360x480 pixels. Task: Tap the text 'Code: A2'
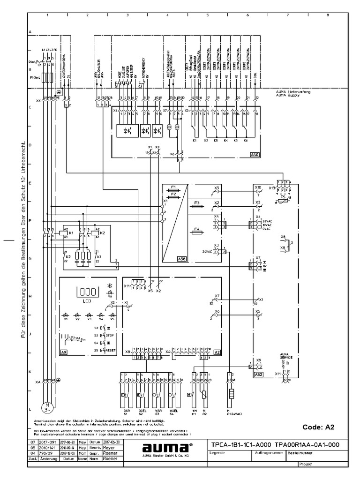pyautogui.click(x=319, y=427)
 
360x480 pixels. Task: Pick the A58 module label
pyautogui.click(x=168, y=258)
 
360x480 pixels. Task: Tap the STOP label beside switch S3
pyautogui.click(x=110, y=336)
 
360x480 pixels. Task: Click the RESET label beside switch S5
pyautogui.click(x=111, y=350)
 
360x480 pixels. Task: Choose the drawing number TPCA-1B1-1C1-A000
pyautogui.click(x=240, y=444)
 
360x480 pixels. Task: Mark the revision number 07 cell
pyautogui.click(x=33, y=442)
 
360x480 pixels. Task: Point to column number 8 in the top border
pyautogui.click(x=327, y=15)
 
